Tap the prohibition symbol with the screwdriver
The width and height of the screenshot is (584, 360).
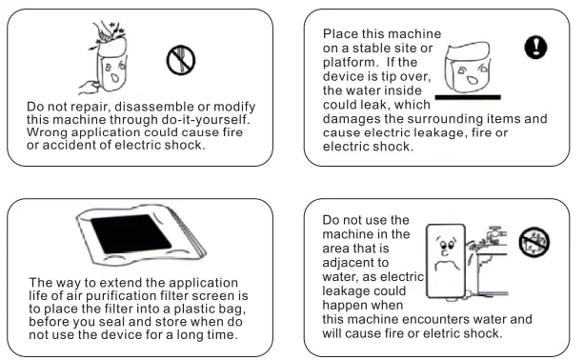[x=181, y=60]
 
